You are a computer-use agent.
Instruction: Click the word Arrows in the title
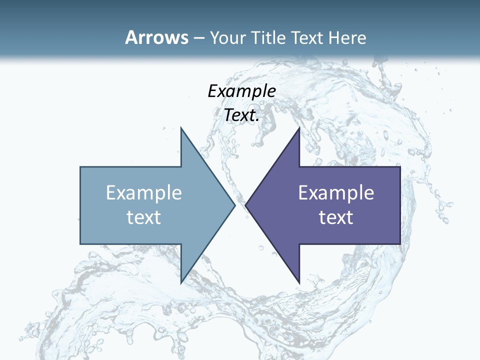[x=156, y=37]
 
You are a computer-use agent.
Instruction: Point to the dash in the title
[x=198, y=38]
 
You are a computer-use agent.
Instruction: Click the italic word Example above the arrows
[x=241, y=91]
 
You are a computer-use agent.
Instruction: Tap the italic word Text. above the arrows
[x=241, y=115]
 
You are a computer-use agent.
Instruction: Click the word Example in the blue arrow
[x=144, y=192]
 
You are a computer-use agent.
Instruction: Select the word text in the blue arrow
[x=144, y=217]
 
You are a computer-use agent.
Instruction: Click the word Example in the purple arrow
[x=336, y=192]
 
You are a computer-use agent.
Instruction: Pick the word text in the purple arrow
[x=336, y=217]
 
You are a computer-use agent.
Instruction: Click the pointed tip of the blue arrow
[x=235, y=205]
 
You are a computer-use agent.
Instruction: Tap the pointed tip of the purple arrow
[x=245, y=205]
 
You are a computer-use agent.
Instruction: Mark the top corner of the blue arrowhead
[x=181, y=128]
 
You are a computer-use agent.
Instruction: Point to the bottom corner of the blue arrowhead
[x=181, y=283]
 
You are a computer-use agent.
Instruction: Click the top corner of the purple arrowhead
[x=299, y=128]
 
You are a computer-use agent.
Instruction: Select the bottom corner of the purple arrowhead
[x=299, y=283]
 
